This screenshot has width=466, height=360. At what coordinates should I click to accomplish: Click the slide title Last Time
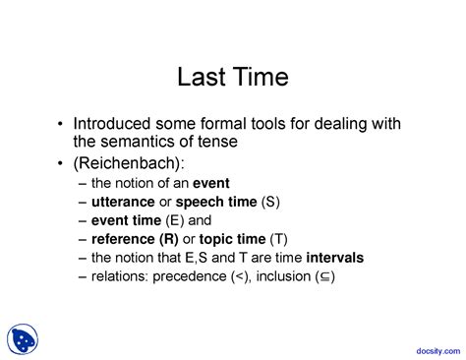[232, 77]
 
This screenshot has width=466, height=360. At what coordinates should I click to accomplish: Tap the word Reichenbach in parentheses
[124, 161]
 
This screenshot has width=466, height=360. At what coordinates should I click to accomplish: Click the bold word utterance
[122, 202]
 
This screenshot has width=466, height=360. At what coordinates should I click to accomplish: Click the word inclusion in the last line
[284, 276]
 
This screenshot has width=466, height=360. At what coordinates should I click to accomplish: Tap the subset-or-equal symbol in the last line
[324, 277]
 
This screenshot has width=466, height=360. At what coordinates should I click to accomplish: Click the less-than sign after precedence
[239, 276]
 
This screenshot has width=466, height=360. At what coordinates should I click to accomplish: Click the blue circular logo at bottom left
[25, 339]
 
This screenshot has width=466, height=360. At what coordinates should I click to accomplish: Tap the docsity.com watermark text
[432, 347]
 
